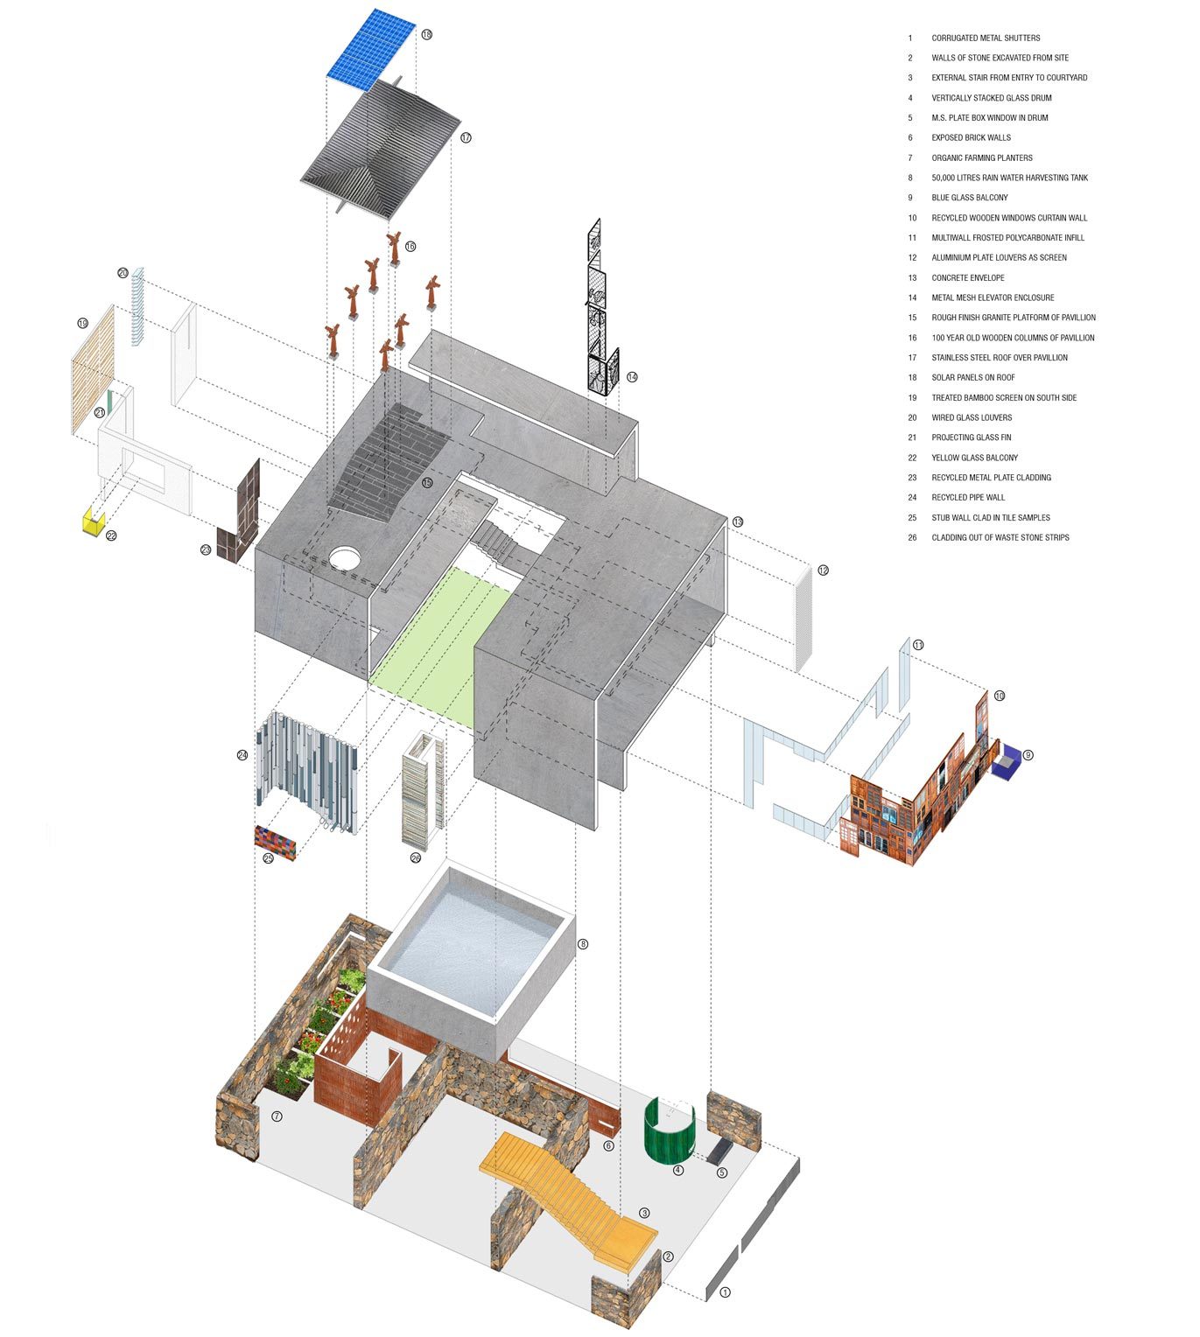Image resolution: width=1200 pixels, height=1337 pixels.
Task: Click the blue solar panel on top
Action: pyautogui.click(x=372, y=49)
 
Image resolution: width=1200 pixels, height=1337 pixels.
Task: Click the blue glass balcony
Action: pyautogui.click(x=1009, y=762)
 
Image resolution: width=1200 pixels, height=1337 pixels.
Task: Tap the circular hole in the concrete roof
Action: pyautogui.click(x=347, y=556)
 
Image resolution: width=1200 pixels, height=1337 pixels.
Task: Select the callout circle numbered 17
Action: pyautogui.click(x=466, y=137)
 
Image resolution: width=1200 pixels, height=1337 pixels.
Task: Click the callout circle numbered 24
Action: pyautogui.click(x=242, y=754)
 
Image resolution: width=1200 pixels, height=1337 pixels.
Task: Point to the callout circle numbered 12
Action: pyautogui.click(x=823, y=570)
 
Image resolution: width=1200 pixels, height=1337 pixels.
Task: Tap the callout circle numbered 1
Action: pyautogui.click(x=724, y=1292)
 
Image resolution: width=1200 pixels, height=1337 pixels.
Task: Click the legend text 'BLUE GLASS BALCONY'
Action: pyautogui.click(x=969, y=198)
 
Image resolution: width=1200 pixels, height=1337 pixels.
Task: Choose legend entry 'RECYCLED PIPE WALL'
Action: pyautogui.click(x=968, y=497)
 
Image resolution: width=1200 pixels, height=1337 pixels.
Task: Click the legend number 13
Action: pyautogui.click(x=912, y=277)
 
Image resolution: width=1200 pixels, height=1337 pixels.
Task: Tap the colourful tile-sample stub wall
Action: pyautogui.click(x=275, y=842)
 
